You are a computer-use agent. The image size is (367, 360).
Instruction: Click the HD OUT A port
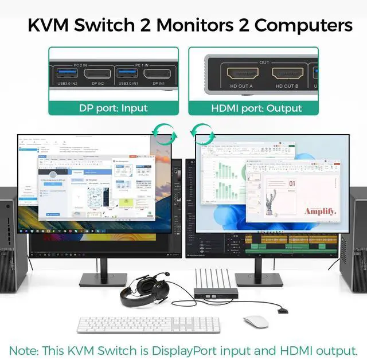(x=240, y=74)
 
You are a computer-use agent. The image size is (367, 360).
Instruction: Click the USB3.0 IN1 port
(x=127, y=74)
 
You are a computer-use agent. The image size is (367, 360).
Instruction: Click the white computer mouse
(x=255, y=321)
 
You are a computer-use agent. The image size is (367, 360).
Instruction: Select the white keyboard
(x=148, y=324)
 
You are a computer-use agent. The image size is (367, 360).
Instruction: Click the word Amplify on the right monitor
(x=320, y=212)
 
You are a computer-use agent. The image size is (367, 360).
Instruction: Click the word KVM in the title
(x=53, y=25)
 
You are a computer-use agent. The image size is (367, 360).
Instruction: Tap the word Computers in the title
(x=304, y=25)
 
